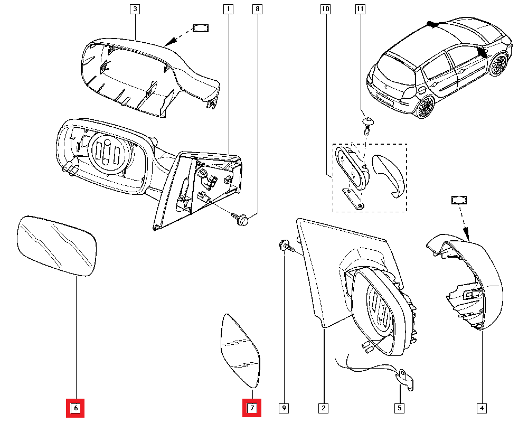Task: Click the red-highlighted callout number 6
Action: point(75,408)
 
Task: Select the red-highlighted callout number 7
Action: point(252,408)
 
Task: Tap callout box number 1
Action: point(228,9)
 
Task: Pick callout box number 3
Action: point(135,9)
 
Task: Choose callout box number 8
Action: point(257,9)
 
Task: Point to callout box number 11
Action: point(360,9)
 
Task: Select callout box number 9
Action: point(284,408)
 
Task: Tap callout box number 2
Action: point(323,408)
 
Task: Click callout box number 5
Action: point(400,408)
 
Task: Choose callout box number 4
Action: point(481,408)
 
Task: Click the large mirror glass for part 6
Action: point(57,246)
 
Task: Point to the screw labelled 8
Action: point(241,219)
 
